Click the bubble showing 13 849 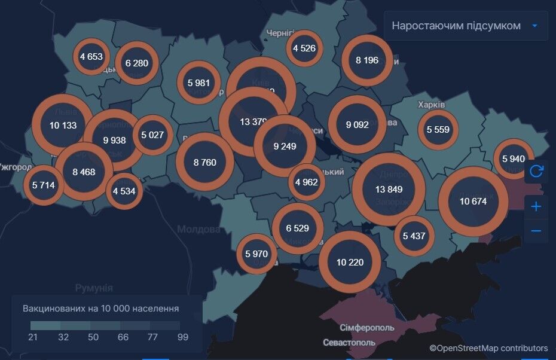tap(389, 189)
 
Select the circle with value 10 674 tap(473, 202)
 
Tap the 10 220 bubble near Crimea tap(350, 262)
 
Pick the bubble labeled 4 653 tap(91, 57)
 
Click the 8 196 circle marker tap(366, 60)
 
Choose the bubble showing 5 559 tap(438, 129)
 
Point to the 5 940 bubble tap(513, 159)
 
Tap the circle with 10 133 tap(63, 125)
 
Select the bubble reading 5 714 tap(43, 185)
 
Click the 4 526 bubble tap(304, 48)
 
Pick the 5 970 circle tap(256, 254)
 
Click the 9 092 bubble tap(357, 125)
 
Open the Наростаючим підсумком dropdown tap(466, 26)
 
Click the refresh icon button tap(536, 172)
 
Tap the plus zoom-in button tap(536, 206)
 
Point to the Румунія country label tap(94, 288)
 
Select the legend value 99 tap(182, 337)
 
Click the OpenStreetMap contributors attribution tap(488, 348)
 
